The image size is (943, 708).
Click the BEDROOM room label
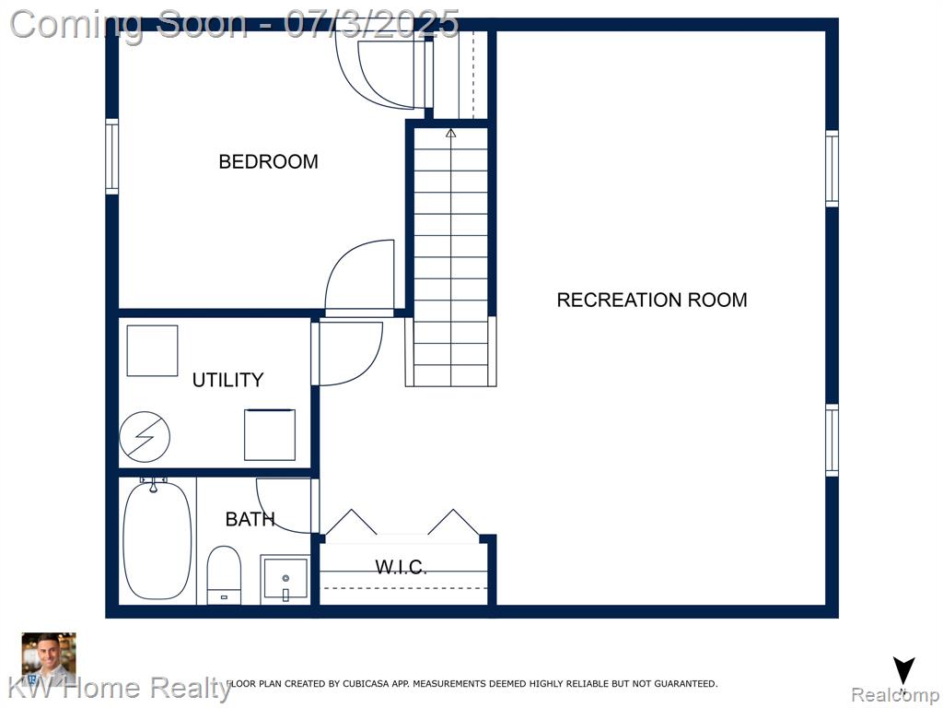tap(268, 161)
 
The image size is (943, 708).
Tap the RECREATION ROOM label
tap(652, 300)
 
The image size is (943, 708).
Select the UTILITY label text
tap(228, 380)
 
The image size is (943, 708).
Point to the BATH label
tap(250, 519)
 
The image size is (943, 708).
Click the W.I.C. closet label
tap(402, 567)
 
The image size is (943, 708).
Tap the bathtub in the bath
tap(157, 540)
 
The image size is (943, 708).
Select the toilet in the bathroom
tap(224, 575)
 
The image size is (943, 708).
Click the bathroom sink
tap(285, 579)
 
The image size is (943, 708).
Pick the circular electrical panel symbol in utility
tap(145, 436)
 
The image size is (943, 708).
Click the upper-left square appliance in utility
tap(152, 350)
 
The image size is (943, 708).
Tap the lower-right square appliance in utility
tap(270, 435)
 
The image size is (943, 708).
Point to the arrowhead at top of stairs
tap(451, 133)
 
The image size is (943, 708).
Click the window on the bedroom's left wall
tap(111, 157)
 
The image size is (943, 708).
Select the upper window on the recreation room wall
tap(832, 169)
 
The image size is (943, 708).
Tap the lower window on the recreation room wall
tap(832, 440)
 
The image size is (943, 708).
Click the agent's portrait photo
tap(49, 658)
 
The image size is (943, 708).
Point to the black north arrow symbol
tap(903, 671)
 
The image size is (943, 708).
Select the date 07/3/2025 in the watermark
tap(372, 24)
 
